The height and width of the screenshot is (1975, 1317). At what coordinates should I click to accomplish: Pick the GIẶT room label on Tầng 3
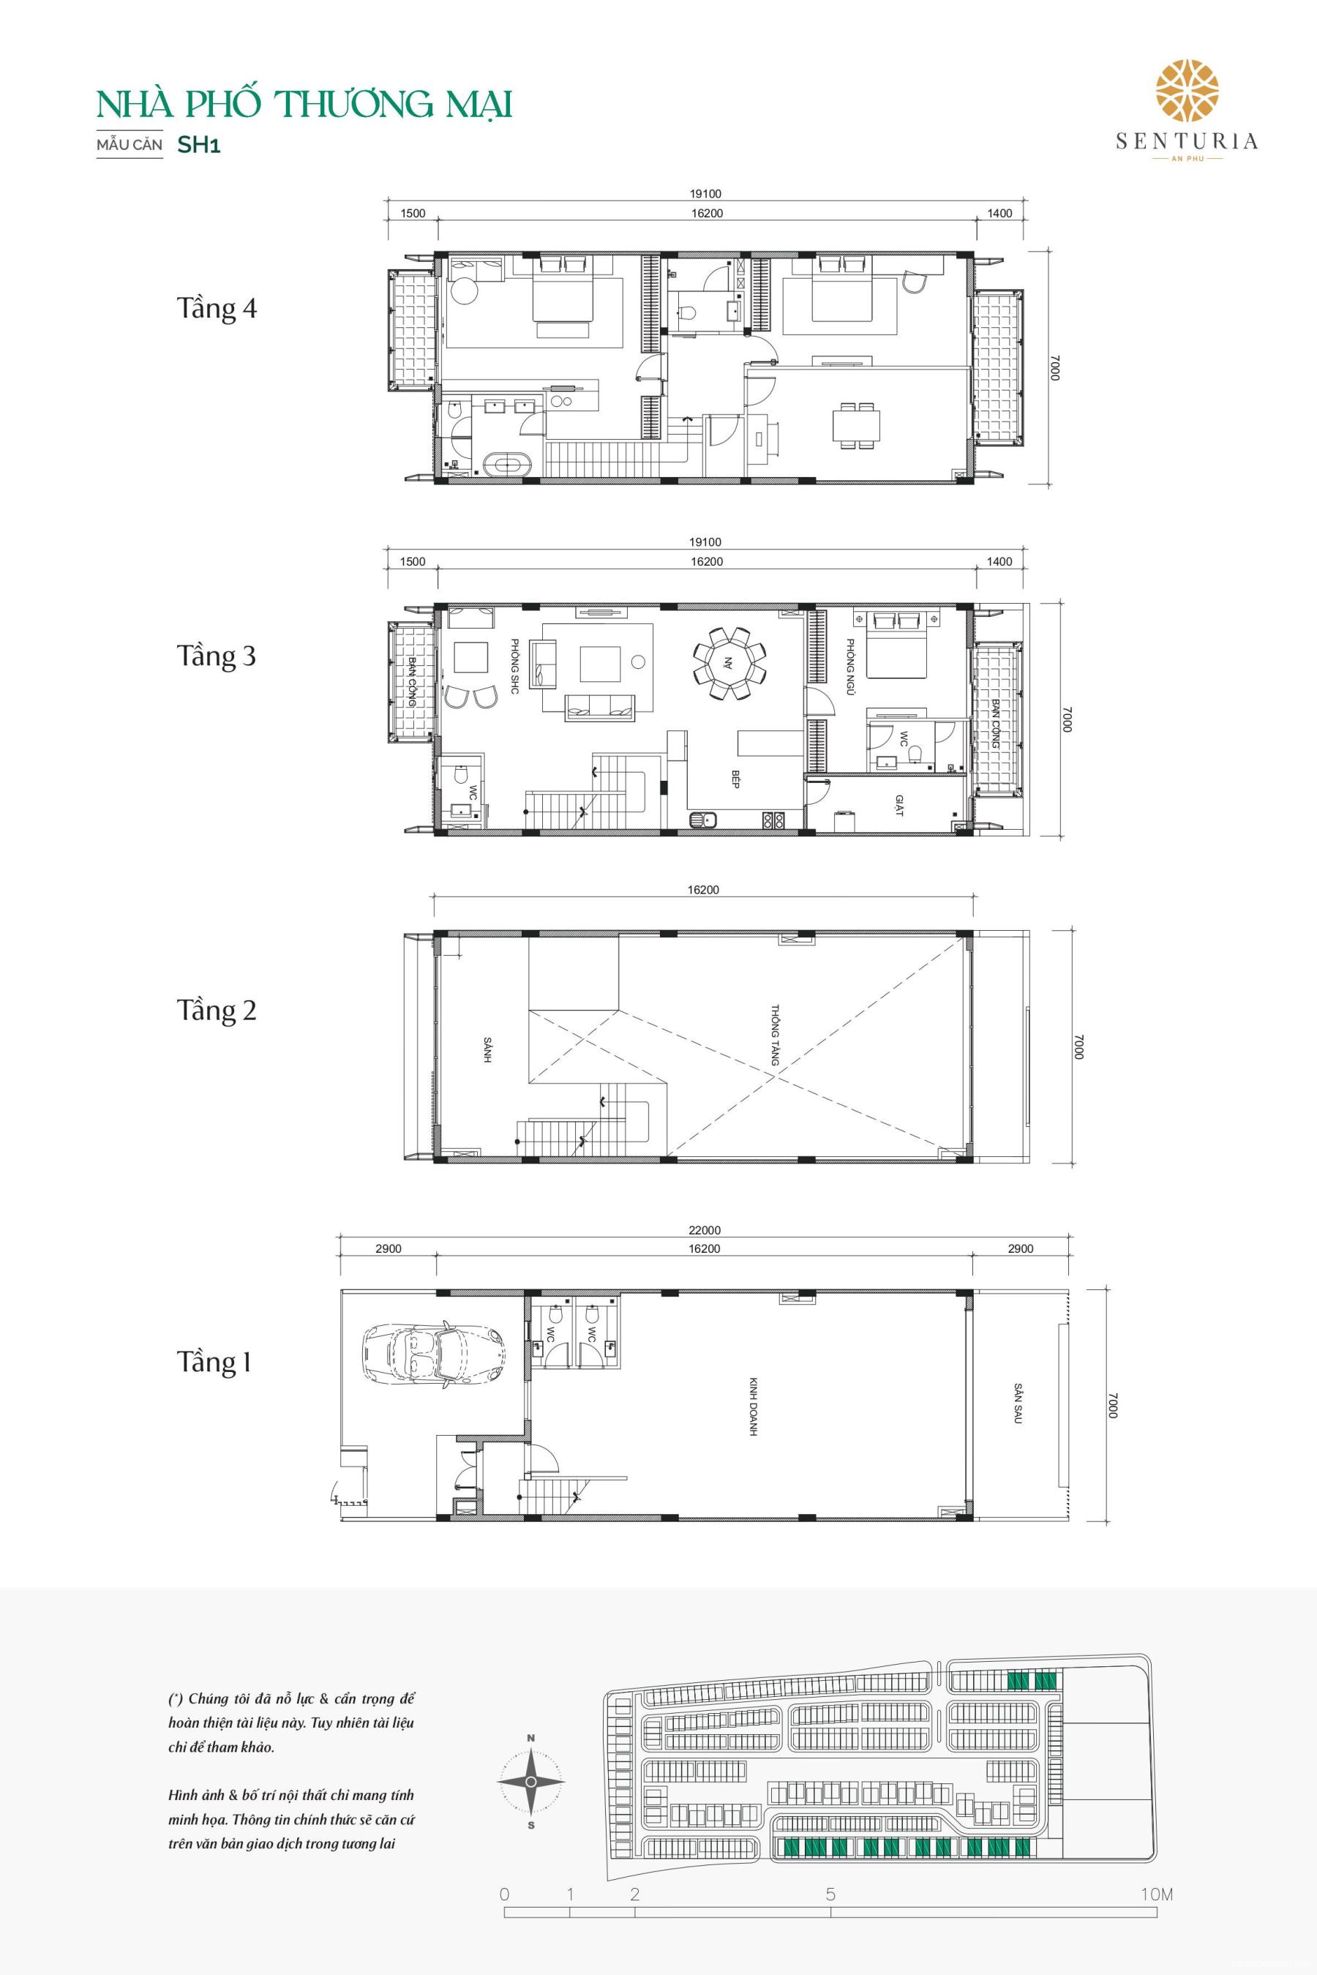tap(897, 807)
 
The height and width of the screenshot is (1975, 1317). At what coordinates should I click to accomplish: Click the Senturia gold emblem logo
tap(1187, 91)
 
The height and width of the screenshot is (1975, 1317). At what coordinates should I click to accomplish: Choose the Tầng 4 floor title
tap(216, 308)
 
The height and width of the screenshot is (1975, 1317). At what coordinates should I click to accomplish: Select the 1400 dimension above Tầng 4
tap(999, 214)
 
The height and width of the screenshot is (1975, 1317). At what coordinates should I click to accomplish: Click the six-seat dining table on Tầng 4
tap(857, 426)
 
